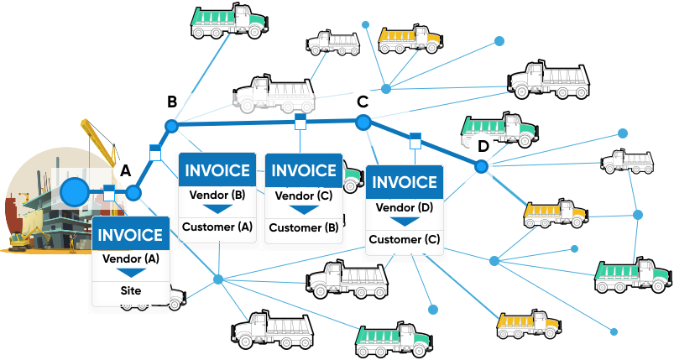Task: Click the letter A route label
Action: [x=126, y=170]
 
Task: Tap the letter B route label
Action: [x=171, y=102]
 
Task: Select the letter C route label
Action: [x=363, y=102]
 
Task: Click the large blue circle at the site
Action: [x=75, y=192]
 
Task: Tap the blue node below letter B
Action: [x=171, y=126]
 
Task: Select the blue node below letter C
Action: [x=363, y=123]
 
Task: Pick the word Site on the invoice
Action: [x=130, y=291]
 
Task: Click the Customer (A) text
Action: [x=217, y=227]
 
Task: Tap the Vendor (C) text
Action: [x=303, y=196]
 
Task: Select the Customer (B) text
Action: [x=303, y=227]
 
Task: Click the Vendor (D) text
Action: [x=405, y=207]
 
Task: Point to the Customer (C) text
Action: [x=405, y=240]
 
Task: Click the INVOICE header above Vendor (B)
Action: [x=217, y=171]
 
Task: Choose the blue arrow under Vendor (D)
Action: [x=405, y=222]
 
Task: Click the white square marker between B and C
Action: [x=300, y=124]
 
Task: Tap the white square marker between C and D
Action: [x=414, y=140]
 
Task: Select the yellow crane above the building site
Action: [x=98, y=138]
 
